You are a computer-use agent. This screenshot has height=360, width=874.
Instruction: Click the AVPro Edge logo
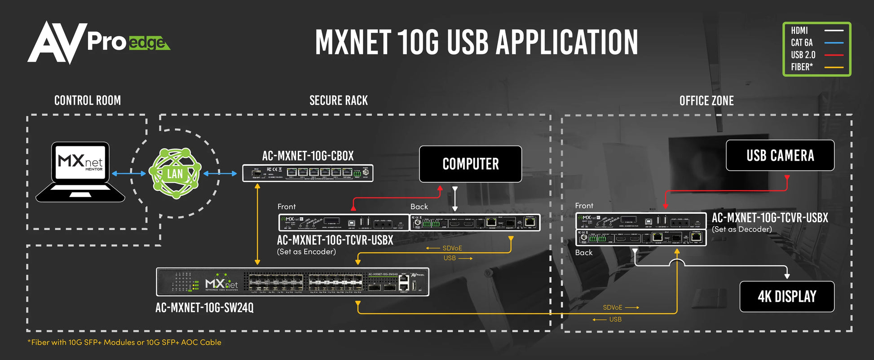click(x=99, y=42)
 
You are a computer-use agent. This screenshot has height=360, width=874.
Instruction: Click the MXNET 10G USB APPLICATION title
click(x=477, y=42)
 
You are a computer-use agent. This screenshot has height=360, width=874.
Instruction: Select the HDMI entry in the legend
click(x=799, y=31)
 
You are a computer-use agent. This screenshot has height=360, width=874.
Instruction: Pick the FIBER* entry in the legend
click(x=802, y=67)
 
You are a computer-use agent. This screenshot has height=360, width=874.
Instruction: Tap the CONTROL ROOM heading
click(x=88, y=101)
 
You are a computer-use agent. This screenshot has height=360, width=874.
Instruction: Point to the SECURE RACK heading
click(x=339, y=101)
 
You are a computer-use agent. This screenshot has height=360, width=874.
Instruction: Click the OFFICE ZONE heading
click(x=706, y=101)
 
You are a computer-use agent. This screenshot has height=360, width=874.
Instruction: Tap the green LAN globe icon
click(x=175, y=173)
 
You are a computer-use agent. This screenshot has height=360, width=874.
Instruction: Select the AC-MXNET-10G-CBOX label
click(x=308, y=156)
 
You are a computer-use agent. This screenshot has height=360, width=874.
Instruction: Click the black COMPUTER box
click(x=470, y=164)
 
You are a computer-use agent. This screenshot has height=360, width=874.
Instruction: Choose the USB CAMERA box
click(x=780, y=155)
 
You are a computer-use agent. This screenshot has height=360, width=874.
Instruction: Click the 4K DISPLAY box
click(x=787, y=296)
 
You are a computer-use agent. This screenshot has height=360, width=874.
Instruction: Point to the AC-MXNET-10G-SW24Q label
click(x=204, y=307)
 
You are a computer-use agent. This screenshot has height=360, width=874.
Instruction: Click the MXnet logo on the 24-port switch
click(x=221, y=283)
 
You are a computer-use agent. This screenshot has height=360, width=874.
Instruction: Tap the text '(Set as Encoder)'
click(x=306, y=252)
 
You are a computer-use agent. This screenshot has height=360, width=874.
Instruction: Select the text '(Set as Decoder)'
click(x=742, y=229)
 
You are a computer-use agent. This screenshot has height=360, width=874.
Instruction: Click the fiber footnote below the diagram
click(x=124, y=342)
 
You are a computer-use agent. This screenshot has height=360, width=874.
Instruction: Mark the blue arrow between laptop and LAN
click(x=129, y=173)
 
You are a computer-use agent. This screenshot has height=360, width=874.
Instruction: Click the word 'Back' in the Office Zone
click(x=584, y=253)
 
